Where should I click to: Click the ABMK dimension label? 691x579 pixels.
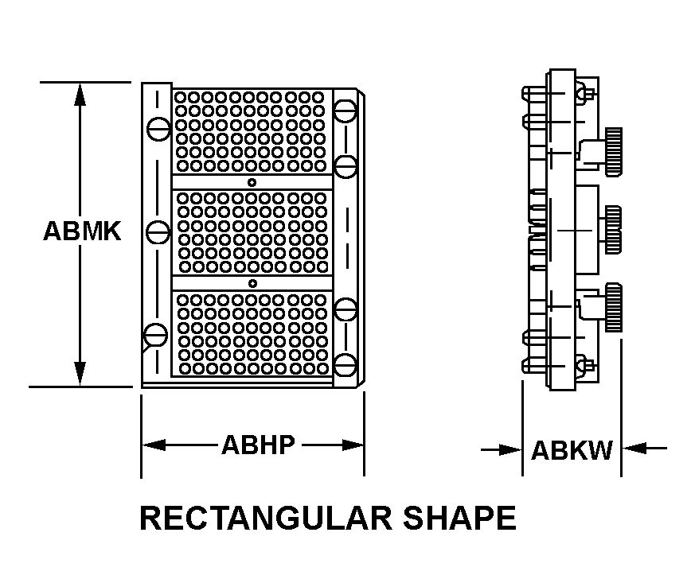click(x=83, y=231)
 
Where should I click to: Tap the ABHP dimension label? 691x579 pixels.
click(x=258, y=445)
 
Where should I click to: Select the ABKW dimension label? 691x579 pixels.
click(x=572, y=450)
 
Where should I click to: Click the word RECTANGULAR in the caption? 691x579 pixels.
click(x=266, y=518)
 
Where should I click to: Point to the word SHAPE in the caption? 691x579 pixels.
click(x=459, y=518)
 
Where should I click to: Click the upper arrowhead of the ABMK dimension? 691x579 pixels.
click(x=80, y=94)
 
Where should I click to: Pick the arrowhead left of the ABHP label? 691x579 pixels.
click(x=154, y=445)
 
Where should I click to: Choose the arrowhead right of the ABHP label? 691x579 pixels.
click(x=352, y=445)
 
